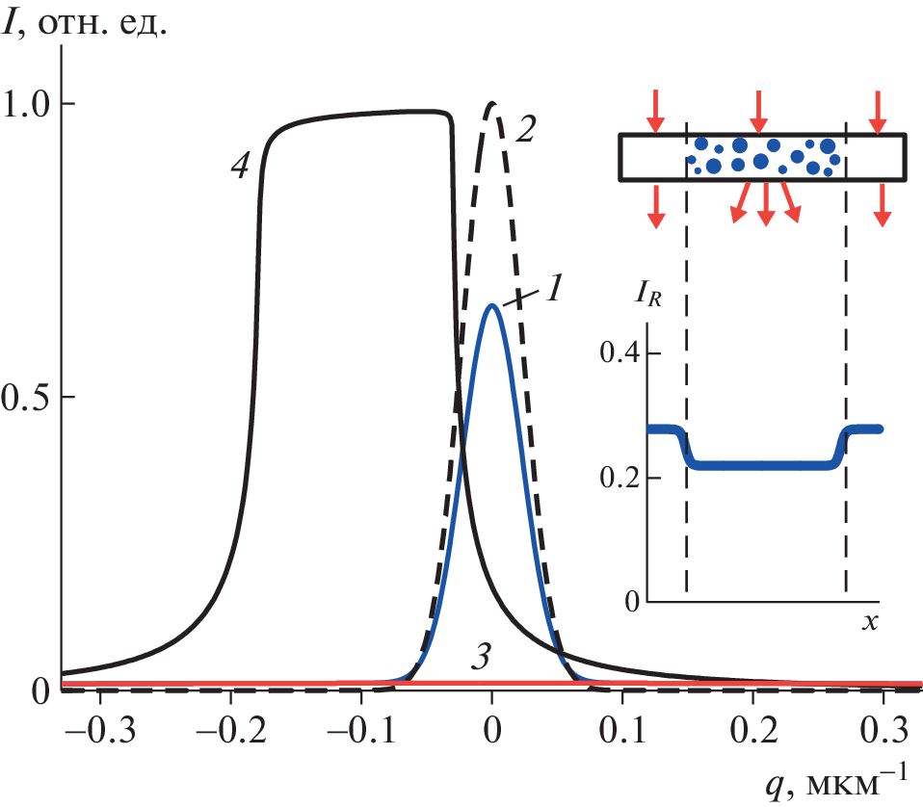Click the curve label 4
[x=241, y=166]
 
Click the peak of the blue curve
[x=492, y=305]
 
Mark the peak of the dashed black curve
[x=492, y=103]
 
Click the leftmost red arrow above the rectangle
[x=655, y=110]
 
